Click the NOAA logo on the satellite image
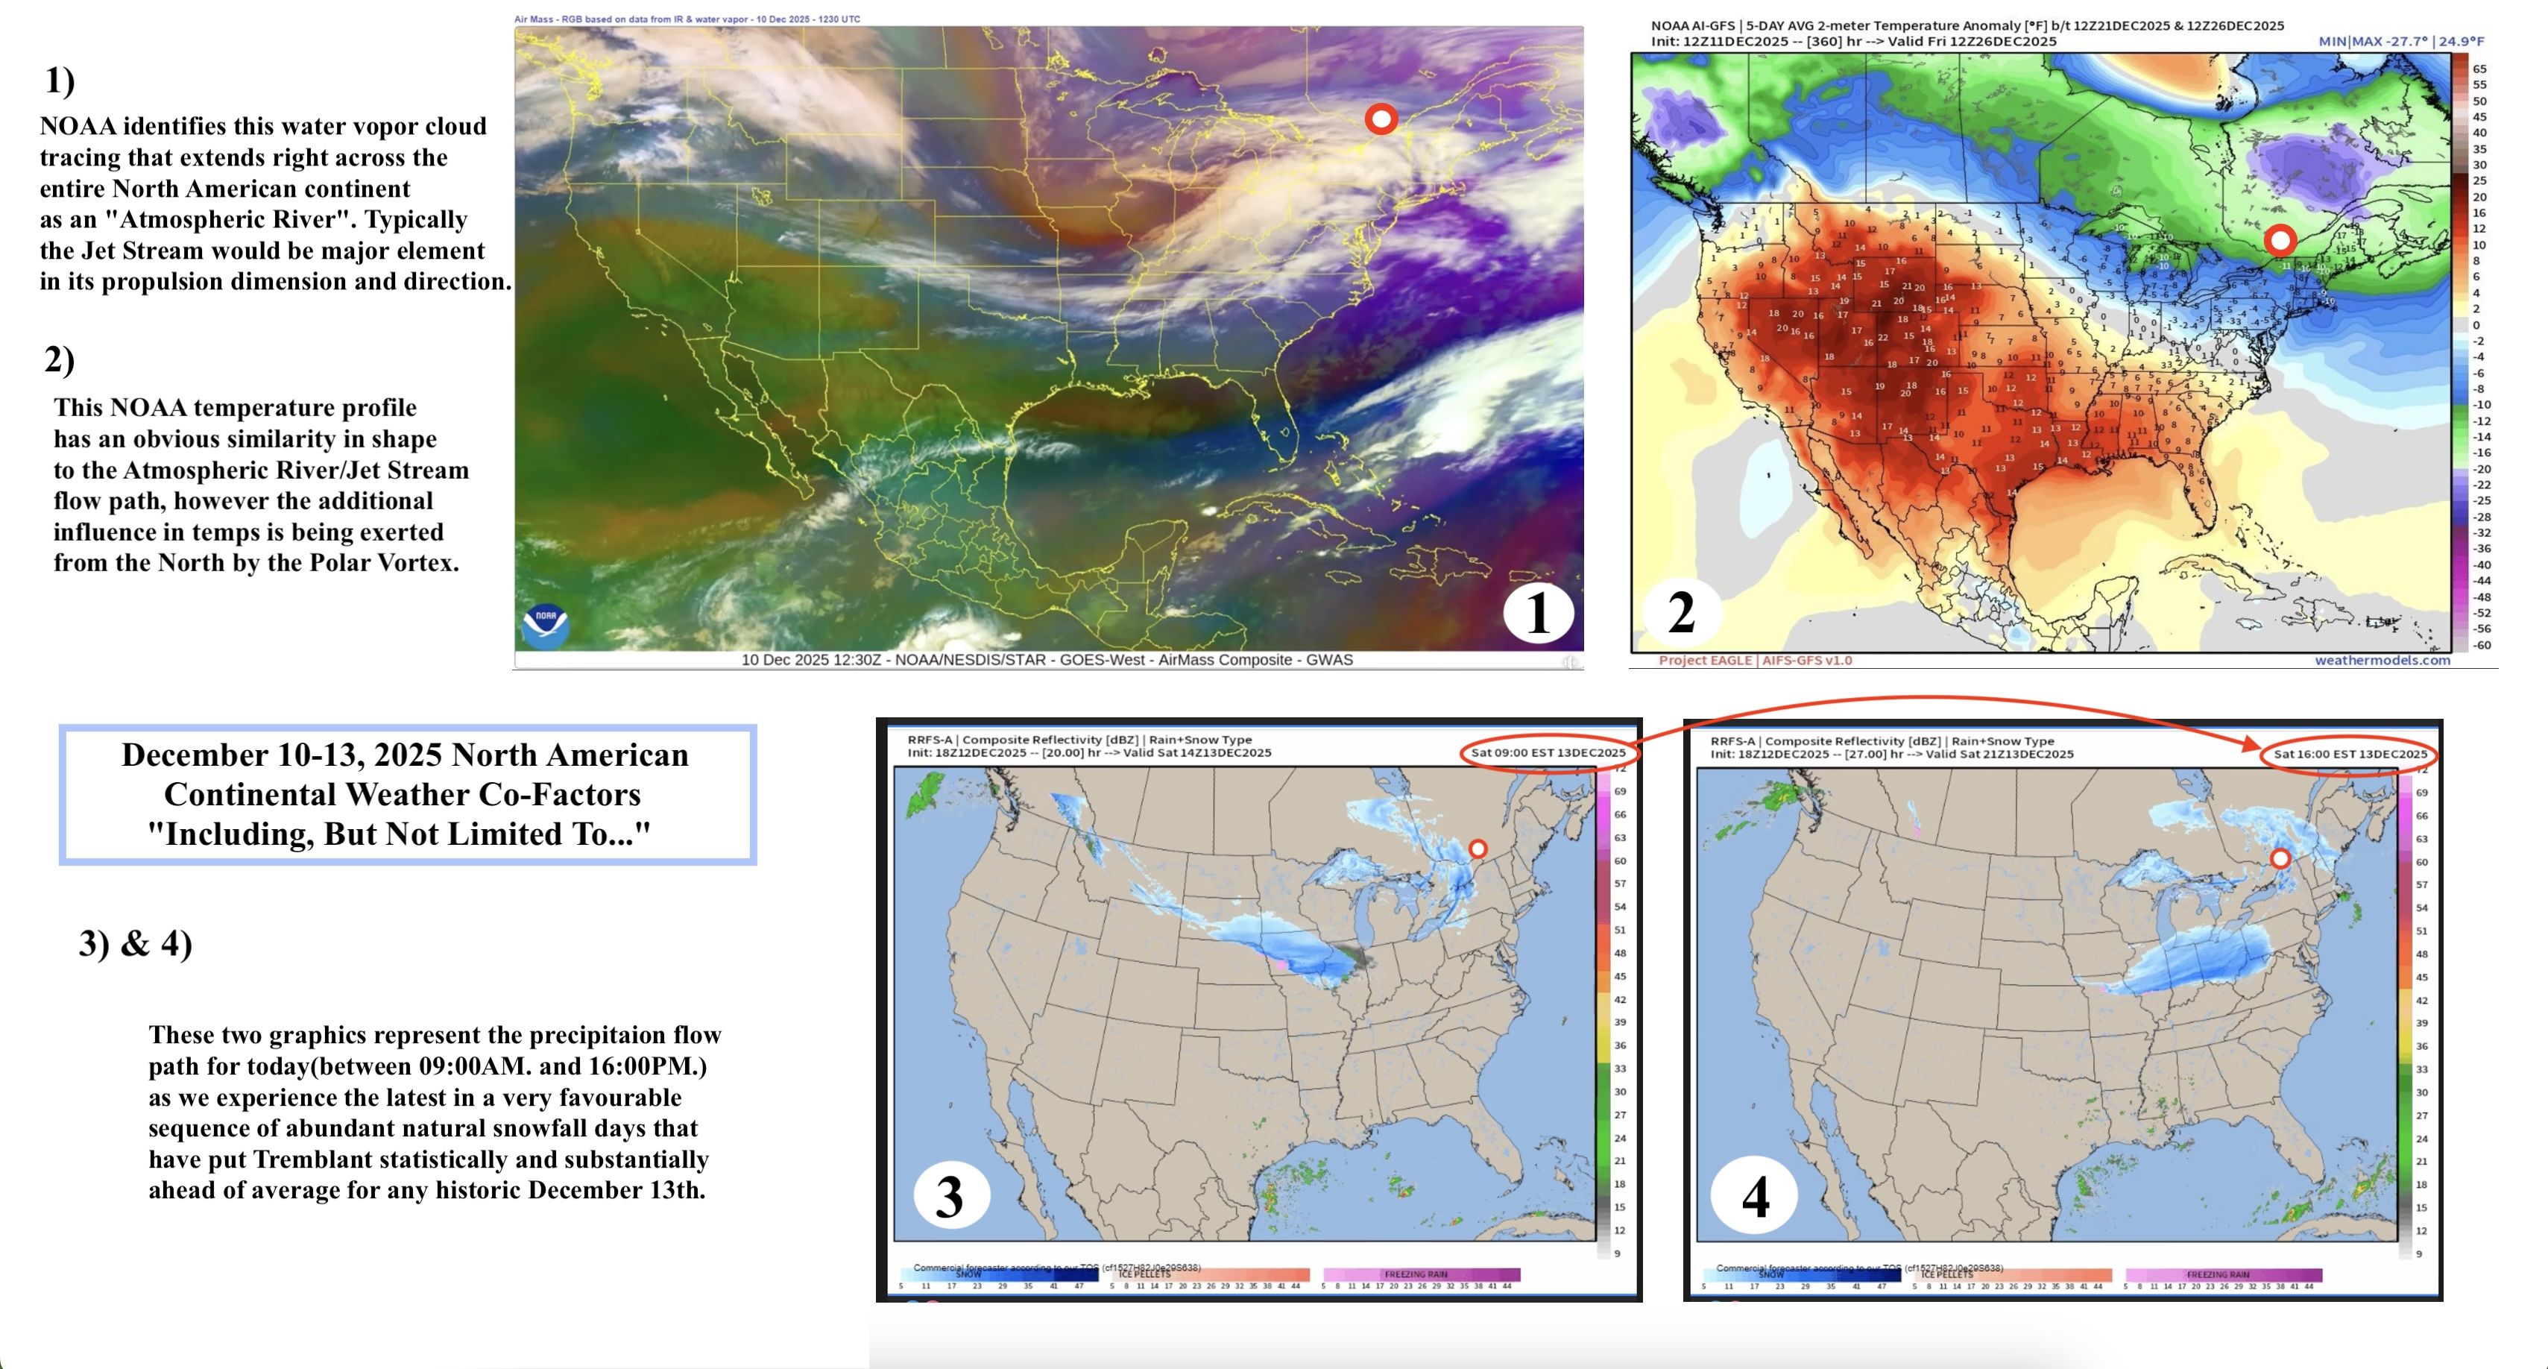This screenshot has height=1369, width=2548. coord(545,625)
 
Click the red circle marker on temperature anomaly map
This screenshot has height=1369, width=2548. coord(2280,239)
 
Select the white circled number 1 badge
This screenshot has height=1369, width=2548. coord(1538,612)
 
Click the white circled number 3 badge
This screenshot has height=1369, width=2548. coord(950,1196)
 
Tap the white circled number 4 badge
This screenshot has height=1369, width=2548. coord(1755,1197)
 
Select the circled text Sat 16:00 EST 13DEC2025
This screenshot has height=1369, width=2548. coord(2350,754)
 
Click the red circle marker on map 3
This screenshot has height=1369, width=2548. coord(1478,849)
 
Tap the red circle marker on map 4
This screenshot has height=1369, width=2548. coord(2280,858)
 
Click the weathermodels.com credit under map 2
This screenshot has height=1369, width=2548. coord(2382,660)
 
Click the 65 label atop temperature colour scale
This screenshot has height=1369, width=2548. coord(2479,69)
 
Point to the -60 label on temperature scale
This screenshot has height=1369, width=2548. coord(2482,645)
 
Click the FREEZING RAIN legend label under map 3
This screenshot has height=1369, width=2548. coord(1416,1274)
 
